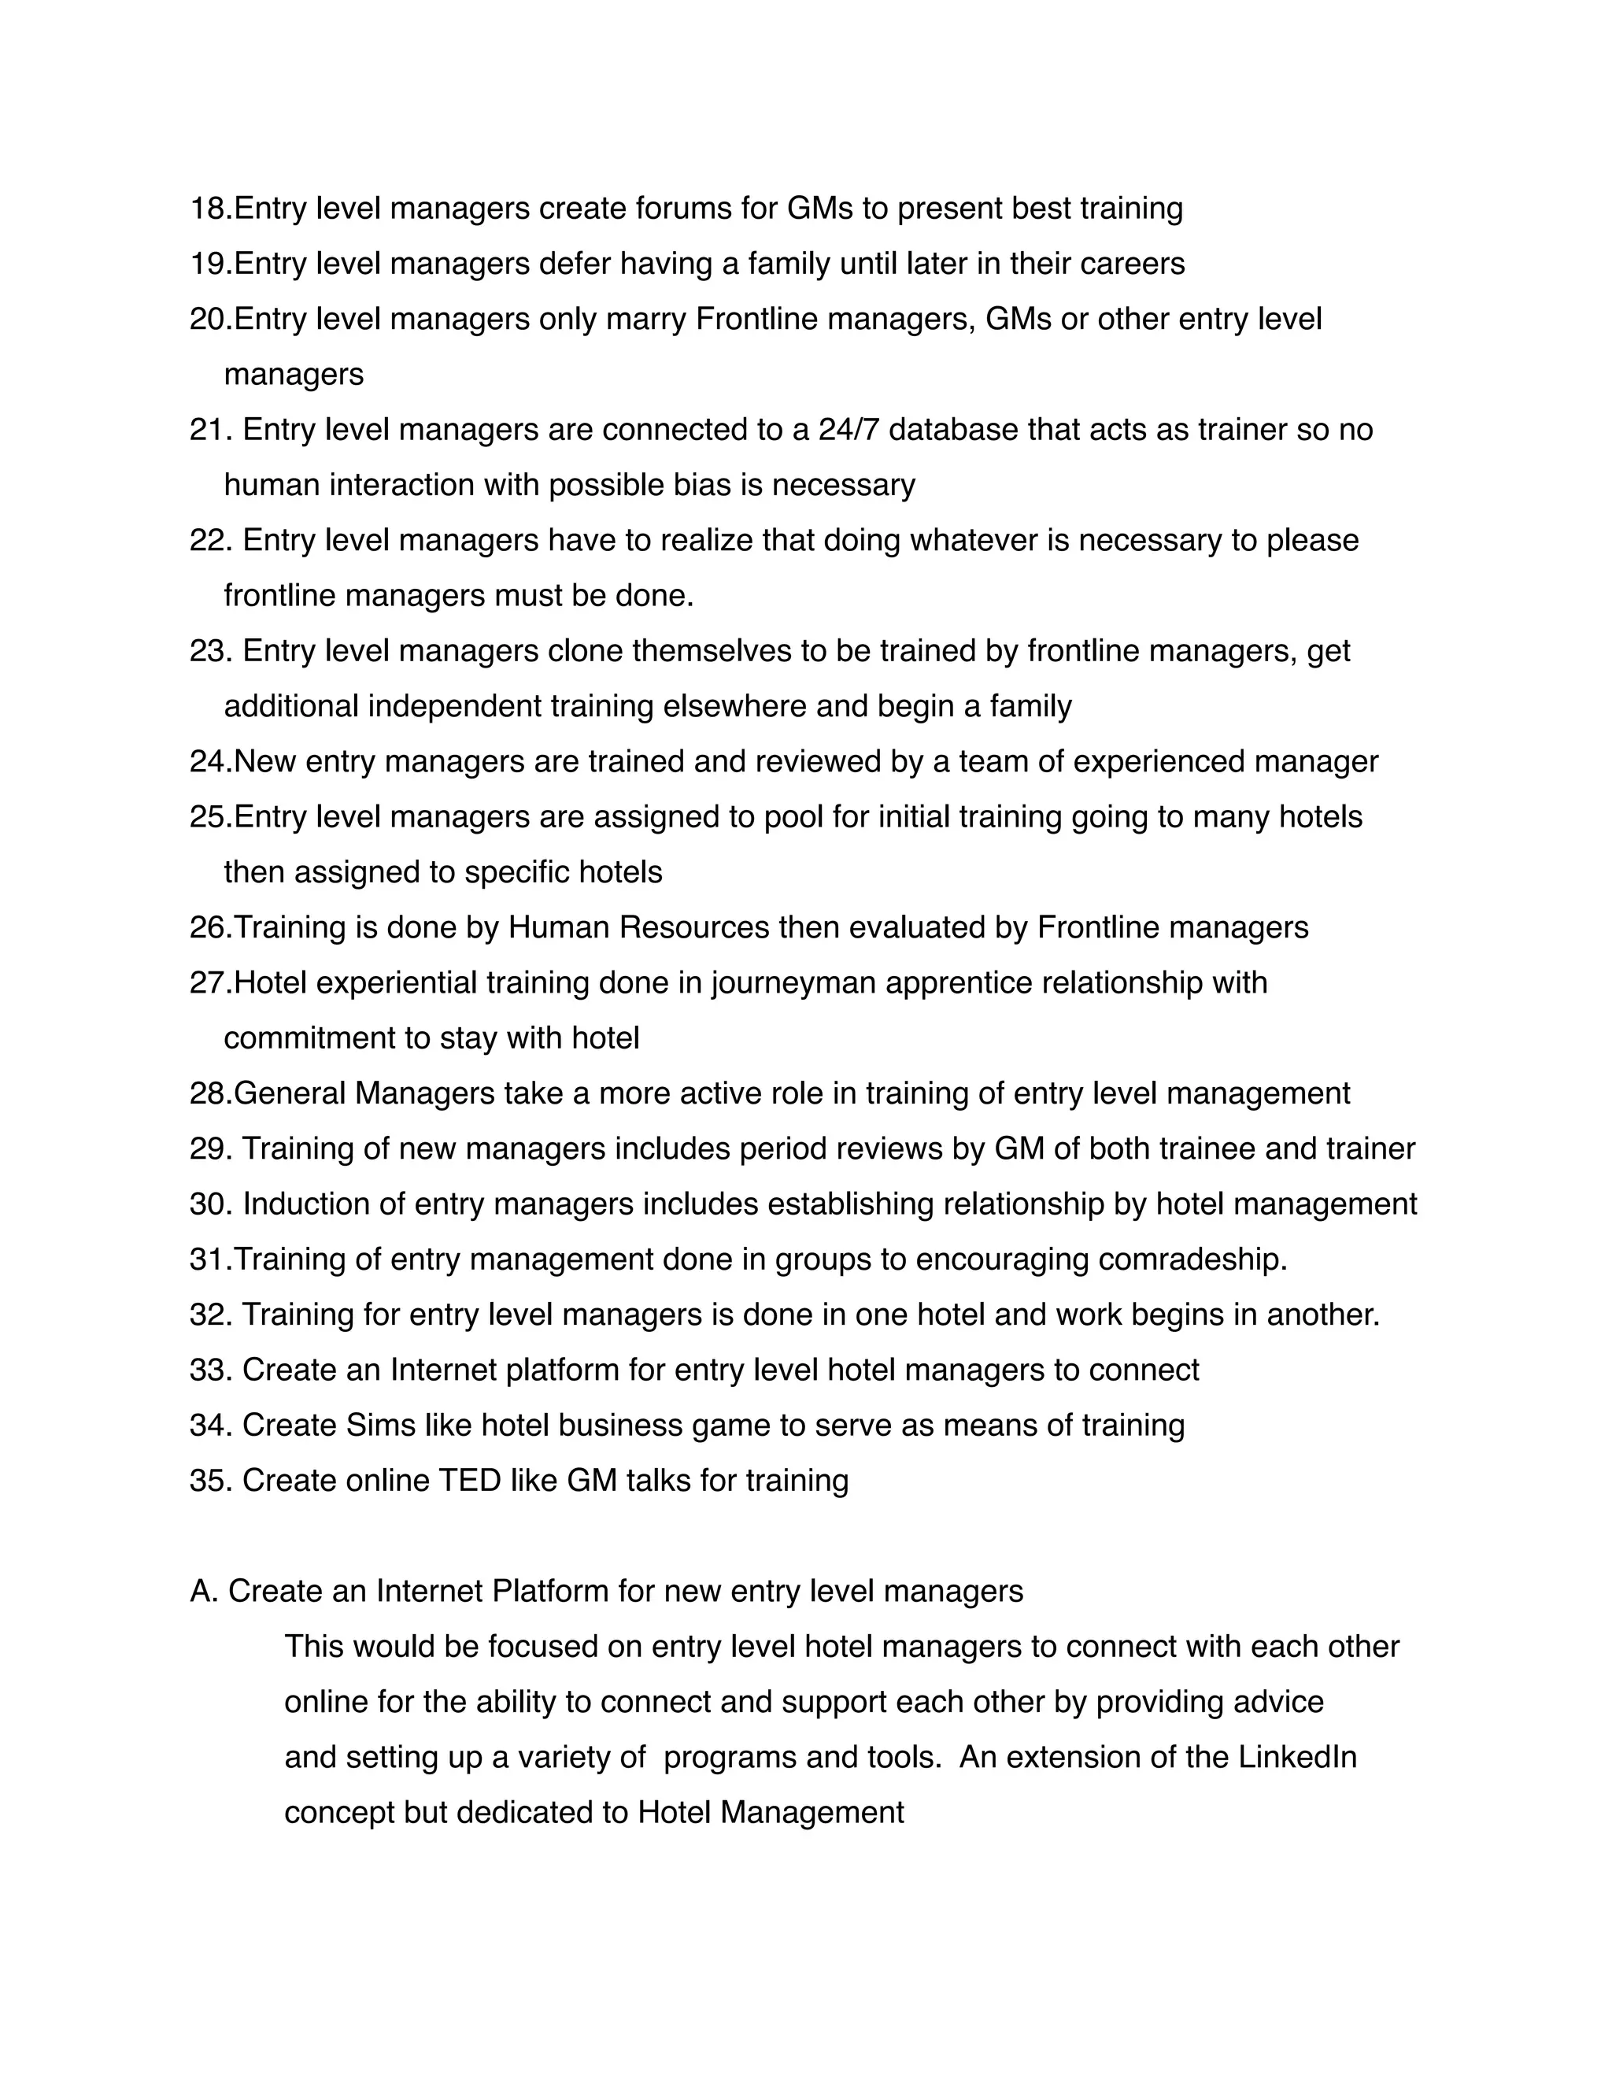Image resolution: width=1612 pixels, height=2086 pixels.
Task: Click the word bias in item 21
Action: [x=703, y=485]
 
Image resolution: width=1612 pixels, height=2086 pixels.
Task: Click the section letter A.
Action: [x=202, y=1591]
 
